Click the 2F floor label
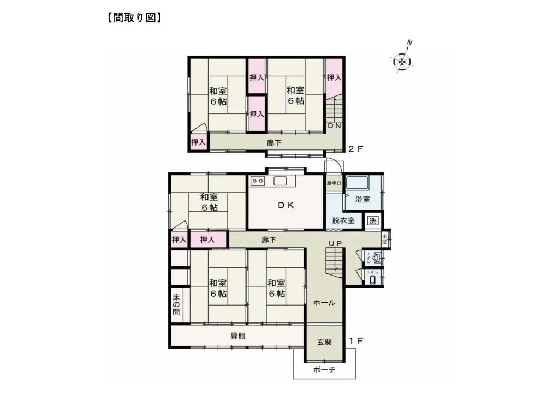pyautogui.click(x=356, y=147)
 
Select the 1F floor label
pyautogui.click(x=356, y=341)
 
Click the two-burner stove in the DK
pyautogui.click(x=258, y=181)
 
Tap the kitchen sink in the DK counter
pyautogui.click(x=280, y=181)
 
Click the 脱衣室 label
pyautogui.click(x=343, y=221)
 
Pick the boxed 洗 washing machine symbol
pyautogui.click(x=372, y=221)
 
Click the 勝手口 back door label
pyautogui.click(x=334, y=183)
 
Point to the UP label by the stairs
pyautogui.click(x=335, y=243)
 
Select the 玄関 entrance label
pyautogui.click(x=324, y=342)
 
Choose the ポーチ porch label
pyautogui.click(x=324, y=370)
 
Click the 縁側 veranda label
pyautogui.click(x=237, y=336)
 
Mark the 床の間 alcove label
pyautogui.click(x=176, y=305)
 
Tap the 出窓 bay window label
pyautogui.click(x=385, y=239)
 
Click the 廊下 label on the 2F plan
pyautogui.click(x=275, y=143)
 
